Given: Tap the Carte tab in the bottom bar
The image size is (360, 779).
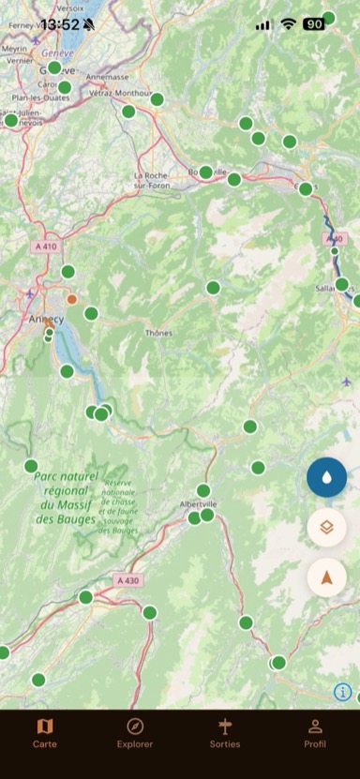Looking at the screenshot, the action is pos(45,732).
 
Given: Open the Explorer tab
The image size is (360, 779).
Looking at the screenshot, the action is pos(135,732).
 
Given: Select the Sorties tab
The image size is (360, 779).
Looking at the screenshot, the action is pos(225,732).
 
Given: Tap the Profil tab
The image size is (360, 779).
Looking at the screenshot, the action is pos(315,732).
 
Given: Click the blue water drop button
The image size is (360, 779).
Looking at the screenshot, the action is pos(326,477).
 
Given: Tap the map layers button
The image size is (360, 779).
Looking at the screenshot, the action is pos(326,527).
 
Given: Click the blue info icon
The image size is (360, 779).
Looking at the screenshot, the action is pos(342,692).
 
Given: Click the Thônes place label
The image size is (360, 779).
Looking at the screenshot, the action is pos(158,333).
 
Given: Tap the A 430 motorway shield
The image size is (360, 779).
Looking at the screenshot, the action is pos(128,581).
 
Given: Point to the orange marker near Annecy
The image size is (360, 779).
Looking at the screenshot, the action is pos(72,300).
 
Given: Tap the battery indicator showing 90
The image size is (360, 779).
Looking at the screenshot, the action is pos(314,24).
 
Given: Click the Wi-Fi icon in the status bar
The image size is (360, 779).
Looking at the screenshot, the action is pos(288,24).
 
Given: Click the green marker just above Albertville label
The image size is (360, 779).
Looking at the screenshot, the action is pos(203,490).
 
